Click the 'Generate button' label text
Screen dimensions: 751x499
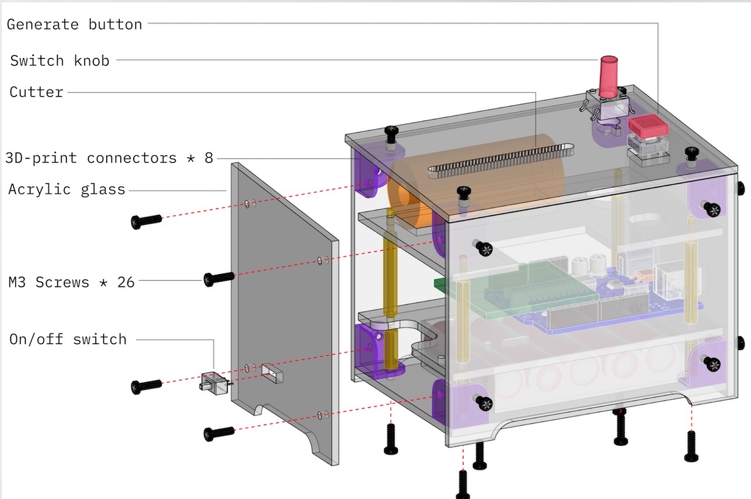tap(75, 25)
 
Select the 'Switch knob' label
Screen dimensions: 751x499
tap(60, 60)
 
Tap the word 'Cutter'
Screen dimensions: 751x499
tap(36, 92)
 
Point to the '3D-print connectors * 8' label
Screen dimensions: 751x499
tap(109, 158)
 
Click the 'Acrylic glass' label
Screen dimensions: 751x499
tap(67, 190)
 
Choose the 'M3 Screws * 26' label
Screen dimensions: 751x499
tap(72, 282)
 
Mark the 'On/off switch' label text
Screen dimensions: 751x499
tap(68, 339)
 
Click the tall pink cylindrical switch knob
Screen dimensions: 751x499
tap(608, 77)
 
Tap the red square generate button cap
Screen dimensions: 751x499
tap(648, 126)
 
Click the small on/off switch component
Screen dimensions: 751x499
tap(215, 383)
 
